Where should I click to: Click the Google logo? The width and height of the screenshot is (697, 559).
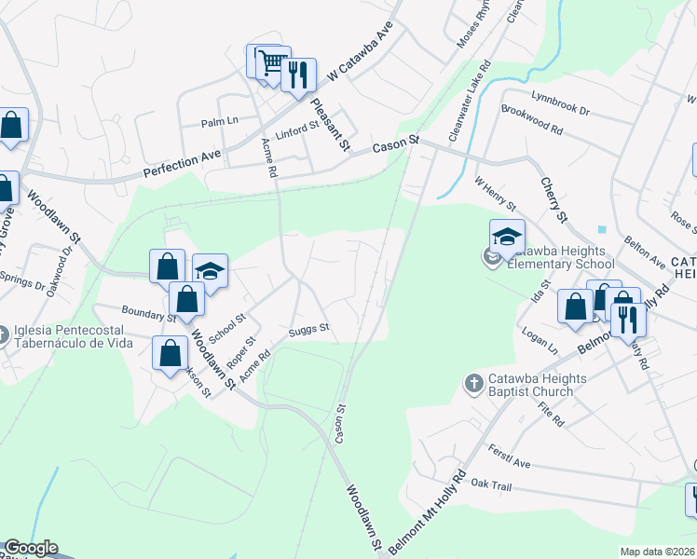[x=30, y=548]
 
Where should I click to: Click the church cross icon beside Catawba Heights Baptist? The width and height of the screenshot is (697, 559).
[x=473, y=383]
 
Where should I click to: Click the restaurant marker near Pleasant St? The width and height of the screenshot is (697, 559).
[x=298, y=75]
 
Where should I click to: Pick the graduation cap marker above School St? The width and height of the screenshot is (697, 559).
[x=211, y=271]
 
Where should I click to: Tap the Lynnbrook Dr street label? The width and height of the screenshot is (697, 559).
[x=561, y=103]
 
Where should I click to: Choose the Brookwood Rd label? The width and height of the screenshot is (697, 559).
[x=532, y=121]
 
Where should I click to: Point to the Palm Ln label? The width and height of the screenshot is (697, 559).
[x=221, y=121]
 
